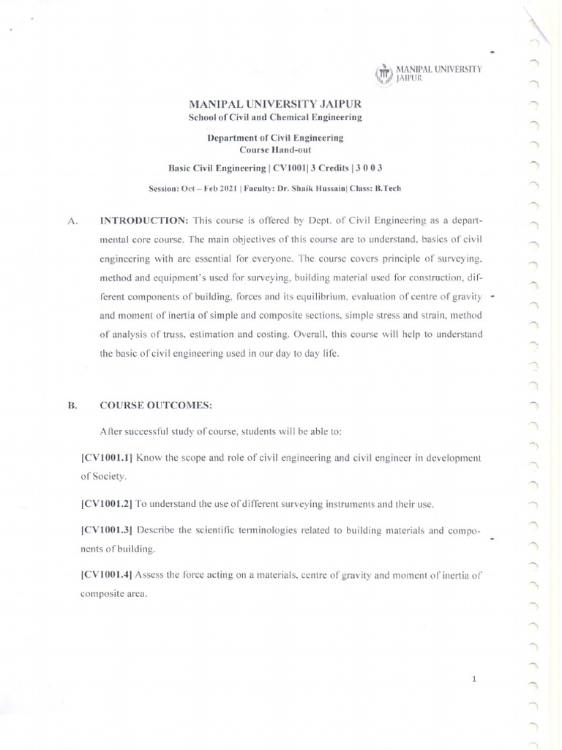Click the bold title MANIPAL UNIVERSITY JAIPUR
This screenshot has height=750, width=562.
pyautogui.click(x=274, y=104)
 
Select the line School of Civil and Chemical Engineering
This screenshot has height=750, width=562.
pyautogui.click(x=274, y=117)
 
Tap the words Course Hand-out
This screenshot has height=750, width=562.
pyautogui.click(x=274, y=149)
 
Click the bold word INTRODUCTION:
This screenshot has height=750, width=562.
pyautogui.click(x=145, y=220)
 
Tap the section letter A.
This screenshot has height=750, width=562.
pyautogui.click(x=72, y=220)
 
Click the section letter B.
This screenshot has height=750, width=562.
pyautogui.click(x=72, y=405)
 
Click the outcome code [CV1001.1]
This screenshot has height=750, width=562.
pyautogui.click(x=107, y=458)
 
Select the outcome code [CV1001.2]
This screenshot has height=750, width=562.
pyautogui.click(x=107, y=504)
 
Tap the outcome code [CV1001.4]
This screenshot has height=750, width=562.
pyautogui.click(x=107, y=575)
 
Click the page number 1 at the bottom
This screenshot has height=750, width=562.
pyautogui.click(x=475, y=679)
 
